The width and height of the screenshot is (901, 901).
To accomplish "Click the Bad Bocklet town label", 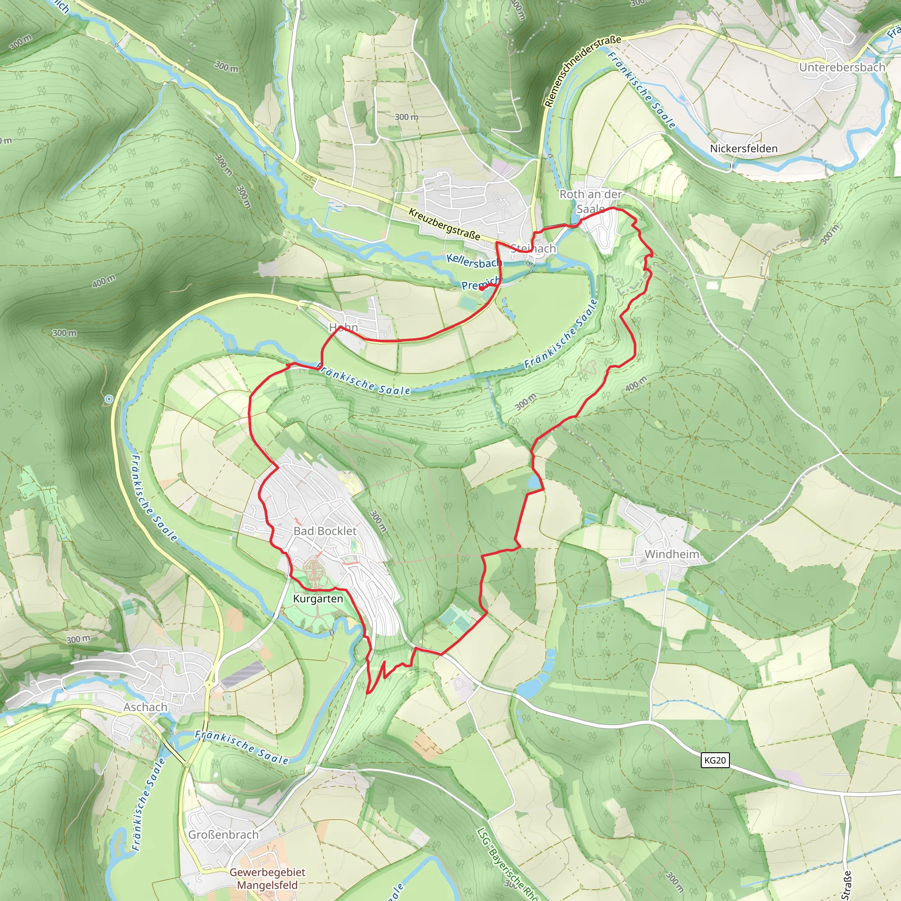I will click(325, 531).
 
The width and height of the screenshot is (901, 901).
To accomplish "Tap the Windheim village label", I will click(672, 554).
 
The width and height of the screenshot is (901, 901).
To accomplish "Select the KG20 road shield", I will click(714, 760).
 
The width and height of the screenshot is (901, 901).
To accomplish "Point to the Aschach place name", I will click(145, 707).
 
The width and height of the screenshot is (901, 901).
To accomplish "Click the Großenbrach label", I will click(223, 834).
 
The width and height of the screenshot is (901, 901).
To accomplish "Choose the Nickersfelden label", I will click(744, 148).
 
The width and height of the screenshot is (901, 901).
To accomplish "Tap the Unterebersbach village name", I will click(842, 67).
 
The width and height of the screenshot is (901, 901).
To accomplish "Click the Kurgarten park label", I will click(318, 599).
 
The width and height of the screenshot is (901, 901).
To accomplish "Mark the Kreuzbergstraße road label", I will click(444, 224).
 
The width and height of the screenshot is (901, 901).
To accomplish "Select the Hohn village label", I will click(344, 327).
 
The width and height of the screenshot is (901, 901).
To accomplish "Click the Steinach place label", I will click(534, 249).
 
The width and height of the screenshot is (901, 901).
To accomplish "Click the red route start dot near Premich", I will click(481, 288).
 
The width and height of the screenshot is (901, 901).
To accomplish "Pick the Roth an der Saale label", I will click(590, 201).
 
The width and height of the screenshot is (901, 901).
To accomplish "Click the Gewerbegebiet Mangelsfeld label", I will click(267, 879).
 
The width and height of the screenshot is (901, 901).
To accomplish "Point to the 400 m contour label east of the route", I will click(636, 384).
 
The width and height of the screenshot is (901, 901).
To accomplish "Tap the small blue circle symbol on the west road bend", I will click(109, 399).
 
